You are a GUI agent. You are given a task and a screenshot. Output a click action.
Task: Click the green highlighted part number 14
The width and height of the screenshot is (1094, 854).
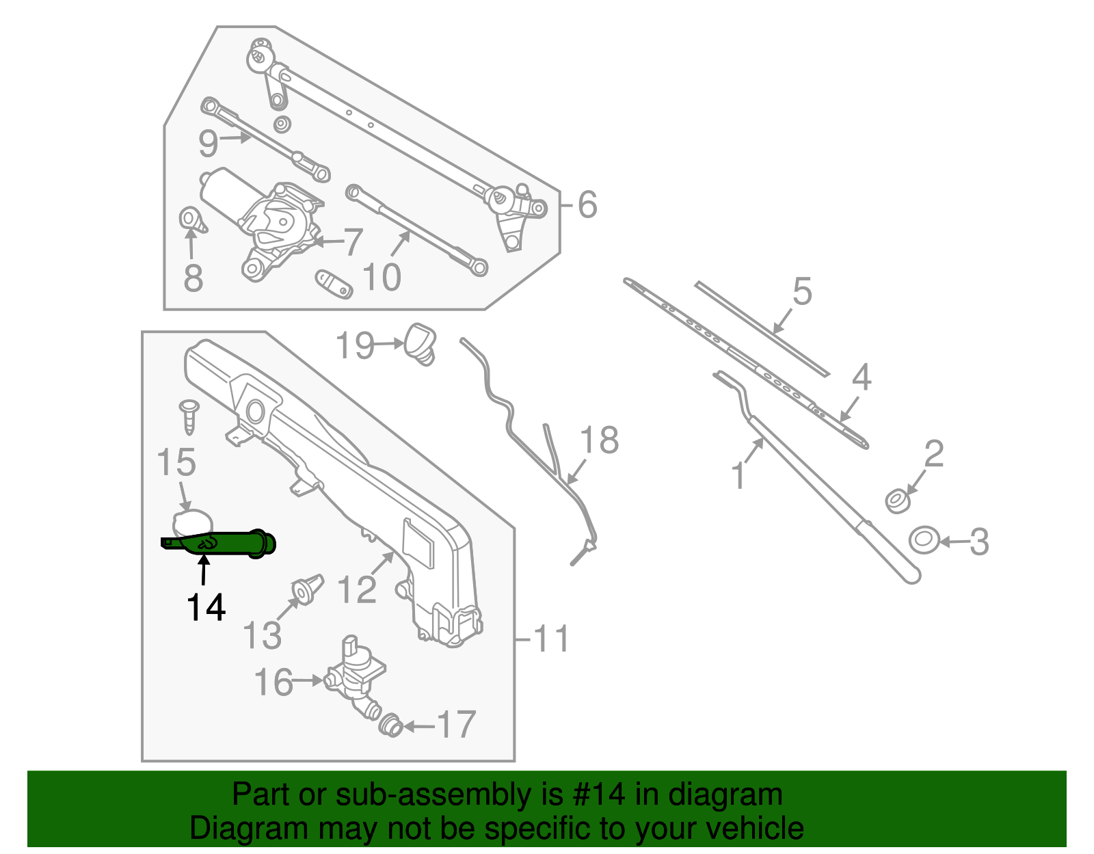click(x=226, y=544)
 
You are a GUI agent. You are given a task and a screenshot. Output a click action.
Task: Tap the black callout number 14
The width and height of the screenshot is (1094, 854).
click(x=206, y=607)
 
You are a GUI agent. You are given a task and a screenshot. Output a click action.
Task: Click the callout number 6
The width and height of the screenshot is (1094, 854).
click(x=587, y=204)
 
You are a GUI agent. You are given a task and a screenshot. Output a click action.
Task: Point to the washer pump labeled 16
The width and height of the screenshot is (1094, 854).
click(x=356, y=673)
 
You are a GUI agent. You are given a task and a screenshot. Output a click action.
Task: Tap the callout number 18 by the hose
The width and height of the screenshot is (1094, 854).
click(x=599, y=440)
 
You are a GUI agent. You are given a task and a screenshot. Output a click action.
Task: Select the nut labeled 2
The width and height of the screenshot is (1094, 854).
click(x=896, y=501)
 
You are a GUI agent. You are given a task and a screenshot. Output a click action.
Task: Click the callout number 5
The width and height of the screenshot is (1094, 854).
click(x=802, y=291)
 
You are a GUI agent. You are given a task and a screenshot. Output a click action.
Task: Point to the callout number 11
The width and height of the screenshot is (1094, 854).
click(x=550, y=639)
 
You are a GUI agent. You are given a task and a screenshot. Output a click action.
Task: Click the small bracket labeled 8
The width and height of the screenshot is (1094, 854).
click(x=191, y=221)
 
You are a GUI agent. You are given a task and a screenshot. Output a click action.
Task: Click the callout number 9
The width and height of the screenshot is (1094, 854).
click(x=209, y=144)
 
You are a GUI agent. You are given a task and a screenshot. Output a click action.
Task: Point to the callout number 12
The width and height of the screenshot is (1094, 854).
click(x=357, y=589)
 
